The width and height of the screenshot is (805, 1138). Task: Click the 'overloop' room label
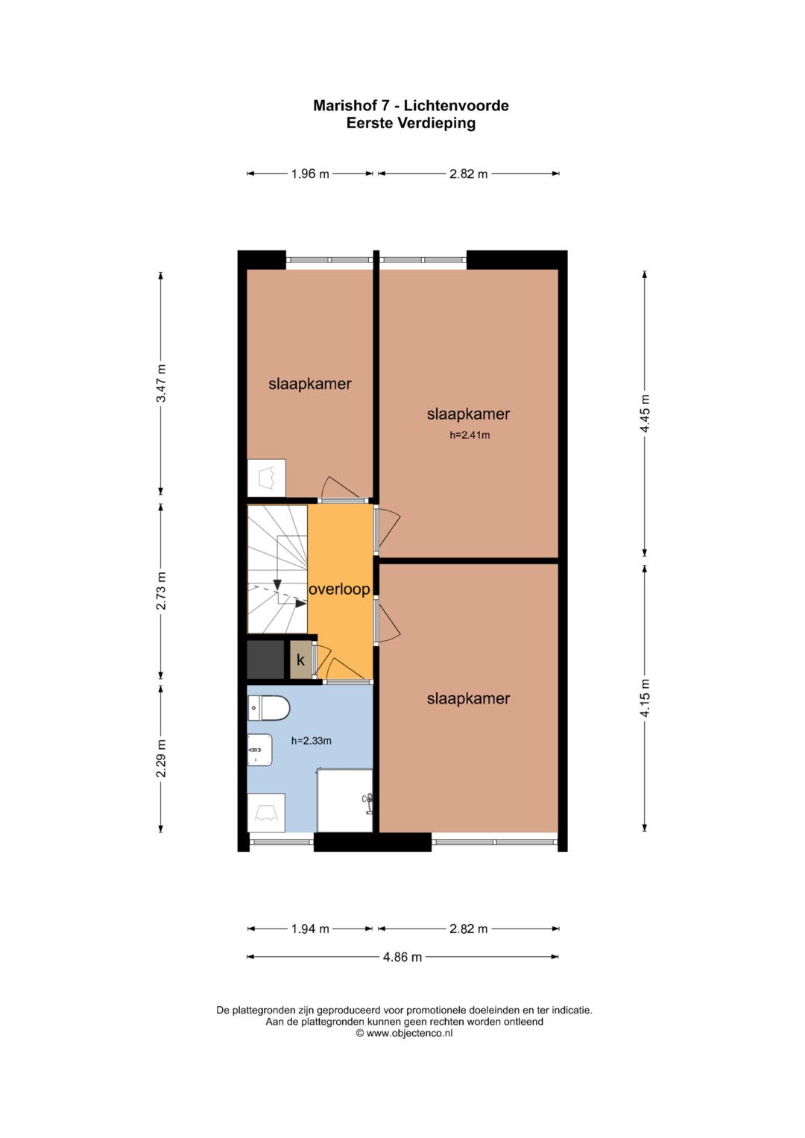[339, 589]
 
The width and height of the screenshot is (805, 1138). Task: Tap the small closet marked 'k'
[300, 660]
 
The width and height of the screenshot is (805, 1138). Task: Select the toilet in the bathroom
[269, 708]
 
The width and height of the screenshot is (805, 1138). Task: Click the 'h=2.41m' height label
[470, 435]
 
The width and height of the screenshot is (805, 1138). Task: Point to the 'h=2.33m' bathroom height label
[311, 741]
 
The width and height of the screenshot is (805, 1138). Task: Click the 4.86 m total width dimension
[402, 957]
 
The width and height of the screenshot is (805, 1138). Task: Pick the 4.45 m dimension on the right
[645, 414]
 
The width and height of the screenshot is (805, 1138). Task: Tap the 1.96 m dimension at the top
[310, 174]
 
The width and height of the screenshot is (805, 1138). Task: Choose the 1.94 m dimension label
[310, 929]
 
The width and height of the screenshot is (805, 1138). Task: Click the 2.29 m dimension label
[160, 758]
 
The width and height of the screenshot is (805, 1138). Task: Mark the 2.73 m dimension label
[160, 591]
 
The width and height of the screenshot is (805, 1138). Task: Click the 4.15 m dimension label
[645, 698]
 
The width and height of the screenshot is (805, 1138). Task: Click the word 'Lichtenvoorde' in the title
[456, 106]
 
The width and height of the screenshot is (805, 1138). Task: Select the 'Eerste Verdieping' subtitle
[411, 123]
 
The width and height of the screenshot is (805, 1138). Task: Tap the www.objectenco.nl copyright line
[404, 1034]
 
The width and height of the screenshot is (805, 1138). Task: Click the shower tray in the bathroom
[344, 800]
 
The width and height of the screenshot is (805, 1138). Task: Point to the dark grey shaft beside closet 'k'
[265, 660]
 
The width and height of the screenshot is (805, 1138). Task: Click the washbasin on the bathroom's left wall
[259, 750]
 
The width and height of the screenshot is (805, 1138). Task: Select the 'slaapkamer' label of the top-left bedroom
[310, 384]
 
